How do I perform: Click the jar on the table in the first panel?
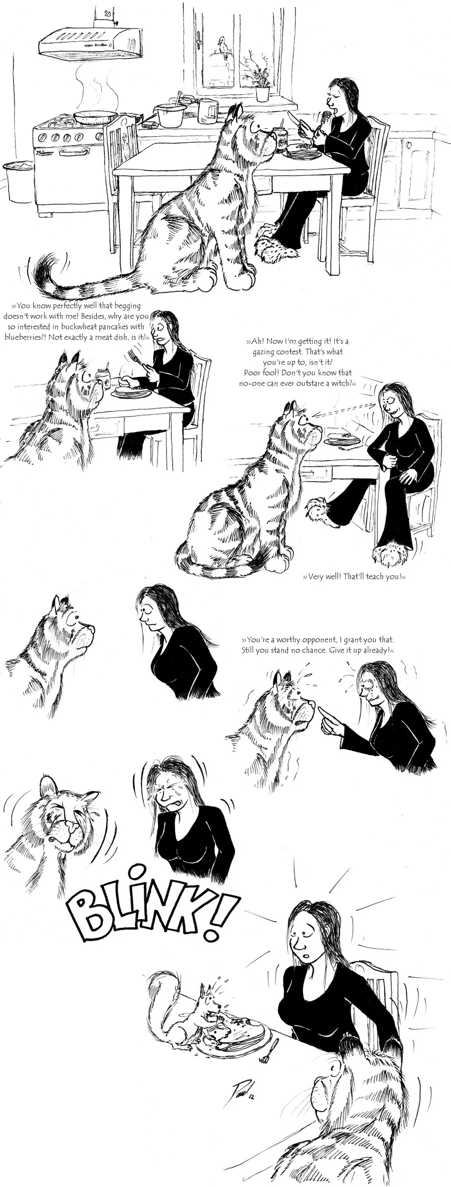coord(279,140)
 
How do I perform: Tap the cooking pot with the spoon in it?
coord(170,114)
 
